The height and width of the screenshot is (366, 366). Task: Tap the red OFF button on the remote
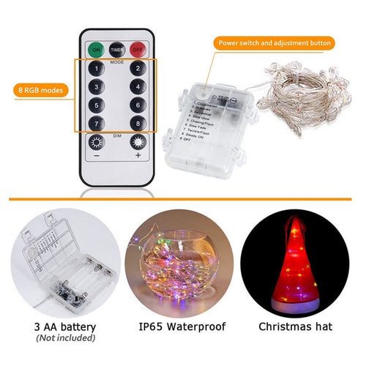[x=137, y=49]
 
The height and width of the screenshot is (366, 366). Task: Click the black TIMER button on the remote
[x=117, y=49]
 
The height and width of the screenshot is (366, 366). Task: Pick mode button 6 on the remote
[x=137, y=106]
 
